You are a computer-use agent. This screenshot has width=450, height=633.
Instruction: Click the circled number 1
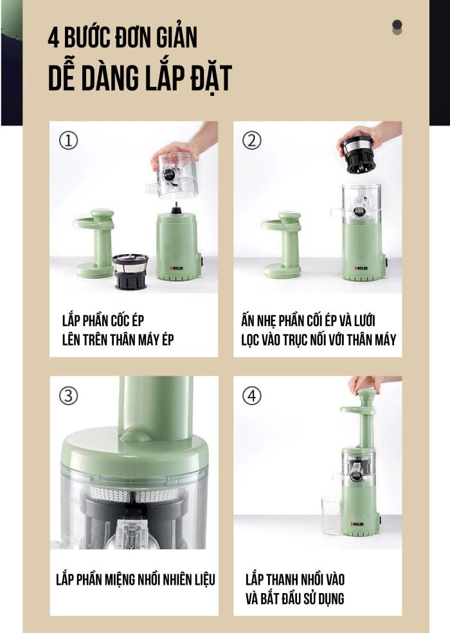69,140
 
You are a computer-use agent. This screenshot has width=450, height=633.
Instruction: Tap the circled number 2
252,140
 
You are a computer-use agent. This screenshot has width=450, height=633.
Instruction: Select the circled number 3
69,396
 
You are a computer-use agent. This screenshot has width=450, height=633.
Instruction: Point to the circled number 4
252,396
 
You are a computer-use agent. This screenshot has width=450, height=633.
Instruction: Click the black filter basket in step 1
130,271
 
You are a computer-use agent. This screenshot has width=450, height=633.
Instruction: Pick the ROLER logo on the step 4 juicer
357,524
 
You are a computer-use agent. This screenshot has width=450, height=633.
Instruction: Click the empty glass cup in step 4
331,515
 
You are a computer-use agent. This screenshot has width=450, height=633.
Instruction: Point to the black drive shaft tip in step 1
175,210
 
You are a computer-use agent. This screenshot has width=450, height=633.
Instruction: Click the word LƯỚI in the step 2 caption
364,321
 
